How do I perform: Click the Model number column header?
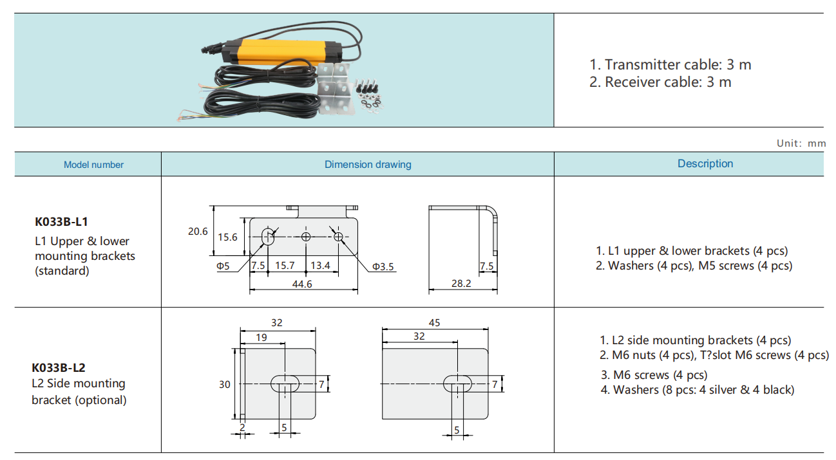(93, 165)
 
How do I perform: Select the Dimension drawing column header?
(368, 165)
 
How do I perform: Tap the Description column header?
(705, 163)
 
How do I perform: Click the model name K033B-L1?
(62, 222)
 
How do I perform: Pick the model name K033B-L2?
(59, 368)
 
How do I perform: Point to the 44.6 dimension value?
(301, 284)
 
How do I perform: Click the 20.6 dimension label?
(198, 232)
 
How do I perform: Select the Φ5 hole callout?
(223, 266)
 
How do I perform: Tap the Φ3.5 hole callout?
(383, 266)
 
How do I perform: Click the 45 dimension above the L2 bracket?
(434, 322)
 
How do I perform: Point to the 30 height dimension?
(224, 384)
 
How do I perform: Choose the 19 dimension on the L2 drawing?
(261, 337)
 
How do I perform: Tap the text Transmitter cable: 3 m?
(670, 64)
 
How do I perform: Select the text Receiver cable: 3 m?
(660, 82)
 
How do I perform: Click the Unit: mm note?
(801, 143)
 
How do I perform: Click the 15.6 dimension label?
(227, 237)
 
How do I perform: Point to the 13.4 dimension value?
(320, 265)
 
